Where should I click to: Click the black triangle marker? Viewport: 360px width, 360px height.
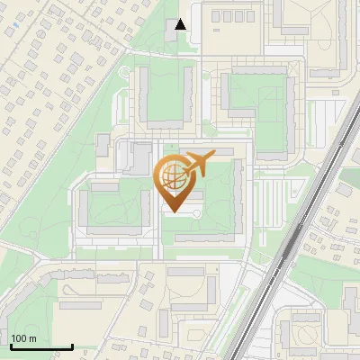coord(181,24)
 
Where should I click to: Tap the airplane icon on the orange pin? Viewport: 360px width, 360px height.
coord(197,166)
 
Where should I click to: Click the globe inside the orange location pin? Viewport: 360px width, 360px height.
coord(172,176)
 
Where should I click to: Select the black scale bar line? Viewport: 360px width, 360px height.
coord(41,346)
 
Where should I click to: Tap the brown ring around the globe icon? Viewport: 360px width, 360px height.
coord(159,177)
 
